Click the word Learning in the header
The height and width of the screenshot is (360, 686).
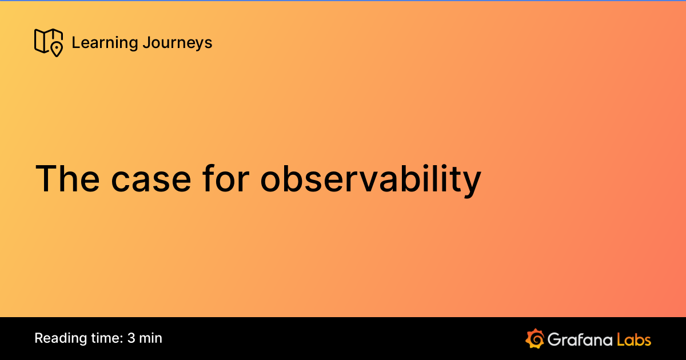[105, 43]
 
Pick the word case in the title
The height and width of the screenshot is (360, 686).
[151, 178]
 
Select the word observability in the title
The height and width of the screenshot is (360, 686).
[370, 178]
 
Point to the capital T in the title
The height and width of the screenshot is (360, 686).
[47, 178]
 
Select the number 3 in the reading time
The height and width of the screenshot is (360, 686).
[131, 338]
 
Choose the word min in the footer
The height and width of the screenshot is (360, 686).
[151, 338]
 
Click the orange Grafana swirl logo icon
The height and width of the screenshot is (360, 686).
[534, 338]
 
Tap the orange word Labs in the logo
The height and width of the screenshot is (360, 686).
[634, 339]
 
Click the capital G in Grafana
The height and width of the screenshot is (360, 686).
[554, 339]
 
